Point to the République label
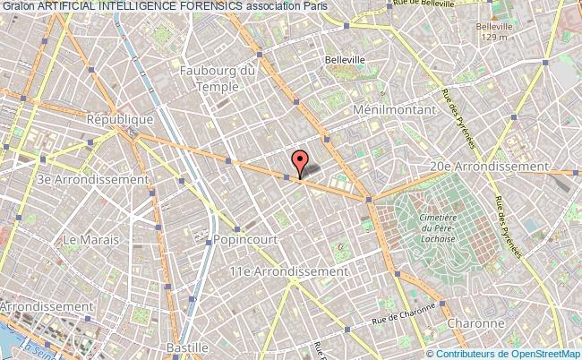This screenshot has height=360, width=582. coord(119,118)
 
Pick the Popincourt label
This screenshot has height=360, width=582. coord(244,240)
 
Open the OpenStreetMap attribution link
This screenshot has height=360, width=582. coord(540,354)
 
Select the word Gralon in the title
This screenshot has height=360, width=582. coord(18,6)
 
